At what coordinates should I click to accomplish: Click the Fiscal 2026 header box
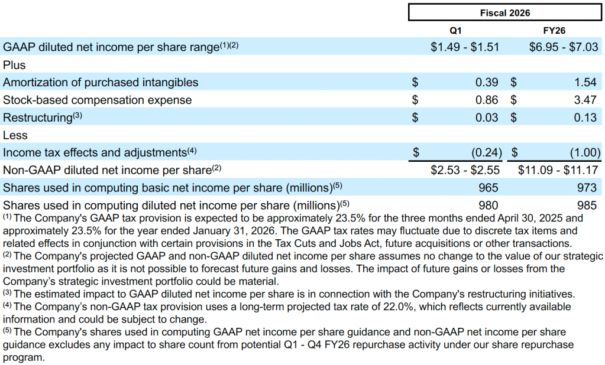(x=504, y=12)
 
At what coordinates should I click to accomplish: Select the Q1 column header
(x=456, y=30)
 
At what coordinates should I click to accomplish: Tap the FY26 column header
(x=556, y=30)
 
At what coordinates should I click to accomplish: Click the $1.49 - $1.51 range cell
(x=465, y=47)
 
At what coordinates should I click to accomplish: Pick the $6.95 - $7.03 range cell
(x=563, y=47)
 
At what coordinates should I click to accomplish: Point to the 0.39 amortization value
(x=487, y=82)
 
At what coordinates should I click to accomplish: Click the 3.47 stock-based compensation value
(x=585, y=100)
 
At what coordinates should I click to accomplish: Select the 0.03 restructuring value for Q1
(x=487, y=118)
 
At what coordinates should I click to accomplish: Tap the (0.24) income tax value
(x=486, y=152)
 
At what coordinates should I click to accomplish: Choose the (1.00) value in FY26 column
(x=585, y=152)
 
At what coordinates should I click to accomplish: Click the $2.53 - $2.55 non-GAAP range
(x=465, y=170)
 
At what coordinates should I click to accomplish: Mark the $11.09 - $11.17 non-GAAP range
(x=559, y=170)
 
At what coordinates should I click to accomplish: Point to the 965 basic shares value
(x=488, y=188)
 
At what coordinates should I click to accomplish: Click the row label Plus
(x=15, y=65)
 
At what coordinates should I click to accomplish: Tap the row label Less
(x=15, y=135)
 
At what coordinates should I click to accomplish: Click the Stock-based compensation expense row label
(x=98, y=100)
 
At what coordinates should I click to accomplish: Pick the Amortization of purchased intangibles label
(x=101, y=83)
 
